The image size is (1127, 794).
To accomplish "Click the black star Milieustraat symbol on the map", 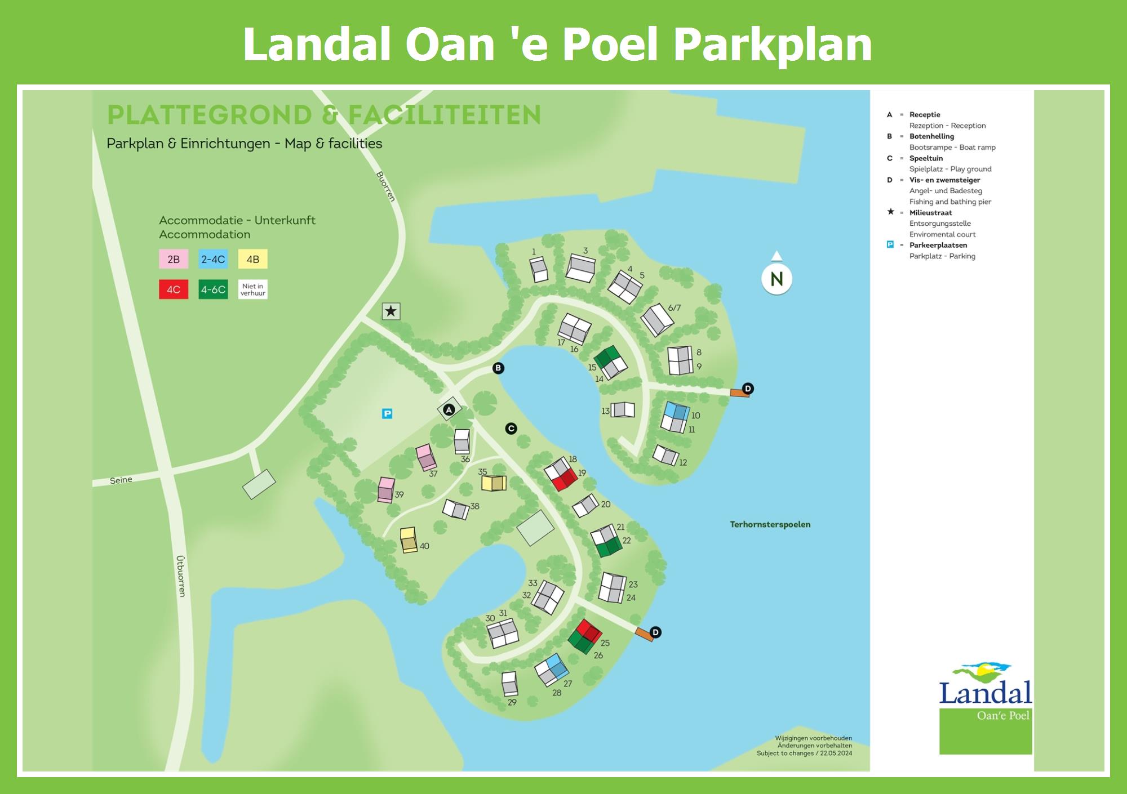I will click(391, 311).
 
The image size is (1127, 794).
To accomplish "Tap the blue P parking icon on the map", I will click(387, 414).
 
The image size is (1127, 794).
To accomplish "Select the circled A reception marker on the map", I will click(449, 410).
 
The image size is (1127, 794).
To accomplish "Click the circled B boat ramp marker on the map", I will click(498, 368).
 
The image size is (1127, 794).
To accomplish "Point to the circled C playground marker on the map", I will click(511, 429).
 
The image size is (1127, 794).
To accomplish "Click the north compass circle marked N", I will click(777, 279).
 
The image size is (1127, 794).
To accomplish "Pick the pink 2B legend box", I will click(174, 259).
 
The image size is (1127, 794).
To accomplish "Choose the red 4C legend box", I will click(174, 289).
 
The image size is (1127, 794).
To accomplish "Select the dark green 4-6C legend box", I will click(213, 289).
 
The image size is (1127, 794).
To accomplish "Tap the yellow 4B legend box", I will click(252, 259).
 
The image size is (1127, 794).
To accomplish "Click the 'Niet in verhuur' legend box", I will click(252, 289).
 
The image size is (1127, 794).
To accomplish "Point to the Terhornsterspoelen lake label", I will click(770, 524).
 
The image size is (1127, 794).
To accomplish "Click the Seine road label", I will click(121, 480).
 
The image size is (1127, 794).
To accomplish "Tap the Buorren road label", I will click(386, 186).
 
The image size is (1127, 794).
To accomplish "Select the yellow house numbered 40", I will click(409, 540).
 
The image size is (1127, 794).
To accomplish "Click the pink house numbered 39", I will click(386, 489).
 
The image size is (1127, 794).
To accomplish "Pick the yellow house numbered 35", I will click(494, 483).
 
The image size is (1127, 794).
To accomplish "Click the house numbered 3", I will click(581, 267).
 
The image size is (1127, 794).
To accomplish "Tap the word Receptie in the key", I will click(925, 115).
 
